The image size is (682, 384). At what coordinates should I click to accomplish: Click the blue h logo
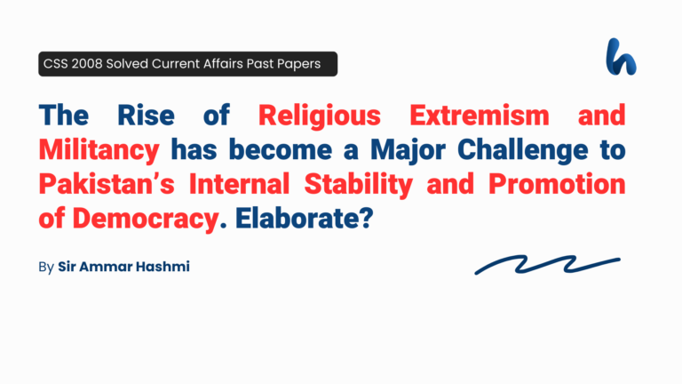[621, 56]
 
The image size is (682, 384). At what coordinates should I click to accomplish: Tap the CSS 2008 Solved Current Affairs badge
[187, 64]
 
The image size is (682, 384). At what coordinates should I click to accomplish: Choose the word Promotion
[551, 184]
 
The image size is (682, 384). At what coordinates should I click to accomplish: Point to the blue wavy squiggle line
[547, 265]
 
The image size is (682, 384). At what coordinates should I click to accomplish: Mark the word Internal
[244, 184]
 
